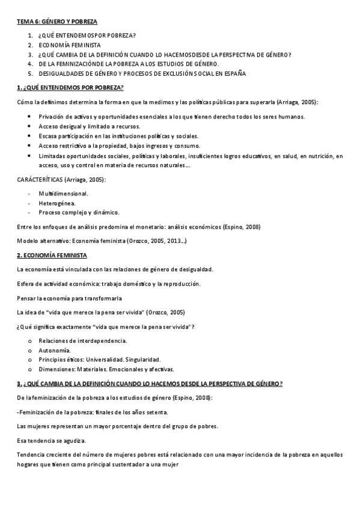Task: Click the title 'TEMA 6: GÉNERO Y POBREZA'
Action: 56,21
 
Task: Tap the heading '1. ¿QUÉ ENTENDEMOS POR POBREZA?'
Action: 70,88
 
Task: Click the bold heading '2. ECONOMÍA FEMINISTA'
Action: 53,255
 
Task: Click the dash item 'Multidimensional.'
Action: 63,194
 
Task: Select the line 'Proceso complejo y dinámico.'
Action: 79,212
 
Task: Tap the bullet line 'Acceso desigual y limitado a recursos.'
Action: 89,126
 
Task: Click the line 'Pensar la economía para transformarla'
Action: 69,298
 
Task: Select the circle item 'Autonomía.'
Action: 55,350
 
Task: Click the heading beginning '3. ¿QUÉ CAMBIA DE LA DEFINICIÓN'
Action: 150,384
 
